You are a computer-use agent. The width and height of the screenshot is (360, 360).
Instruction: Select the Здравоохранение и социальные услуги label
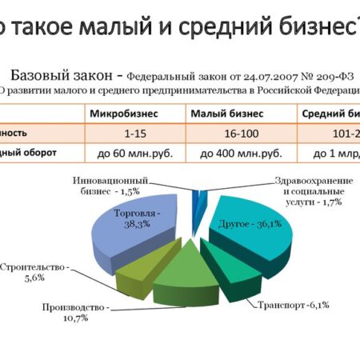(x=308, y=190)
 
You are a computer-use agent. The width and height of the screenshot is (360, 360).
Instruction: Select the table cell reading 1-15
(x=134, y=132)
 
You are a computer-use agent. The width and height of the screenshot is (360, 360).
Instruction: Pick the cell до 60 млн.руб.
(x=134, y=152)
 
